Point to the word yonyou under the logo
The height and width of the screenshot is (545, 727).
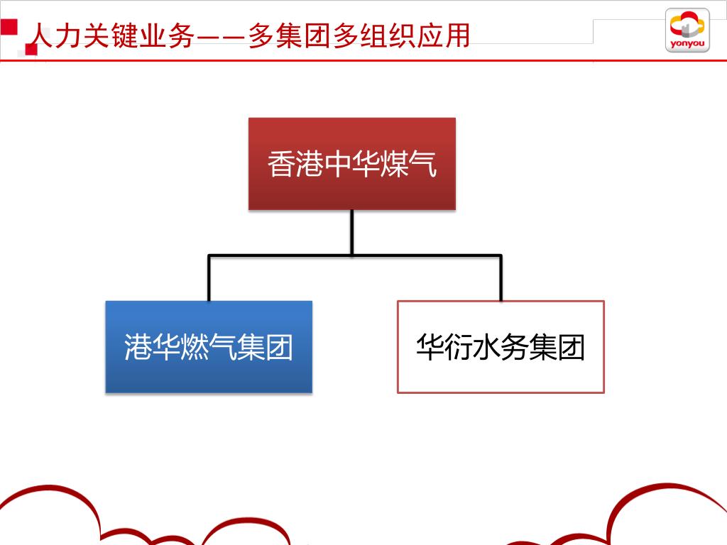click(687, 44)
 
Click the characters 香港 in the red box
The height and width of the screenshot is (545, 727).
click(295, 165)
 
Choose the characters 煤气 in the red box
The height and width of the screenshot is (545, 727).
click(408, 165)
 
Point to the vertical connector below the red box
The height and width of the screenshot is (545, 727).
click(351, 232)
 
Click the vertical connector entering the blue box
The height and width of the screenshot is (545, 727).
click(209, 278)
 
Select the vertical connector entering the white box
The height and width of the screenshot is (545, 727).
click(501, 278)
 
